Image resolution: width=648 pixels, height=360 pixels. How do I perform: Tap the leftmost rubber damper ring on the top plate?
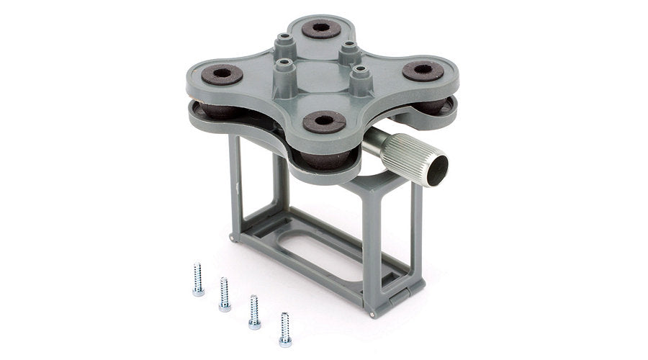click(222, 73)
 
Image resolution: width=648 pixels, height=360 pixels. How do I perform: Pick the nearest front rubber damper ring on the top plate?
click(321, 121)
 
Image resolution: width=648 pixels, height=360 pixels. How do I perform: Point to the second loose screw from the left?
click(224, 294)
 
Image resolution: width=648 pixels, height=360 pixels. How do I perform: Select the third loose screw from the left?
click(254, 311)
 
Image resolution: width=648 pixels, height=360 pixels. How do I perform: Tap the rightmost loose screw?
click(285, 328)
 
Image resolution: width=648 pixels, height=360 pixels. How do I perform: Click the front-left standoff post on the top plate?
click(283, 73)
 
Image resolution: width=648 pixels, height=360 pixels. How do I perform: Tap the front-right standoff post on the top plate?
click(359, 76)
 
